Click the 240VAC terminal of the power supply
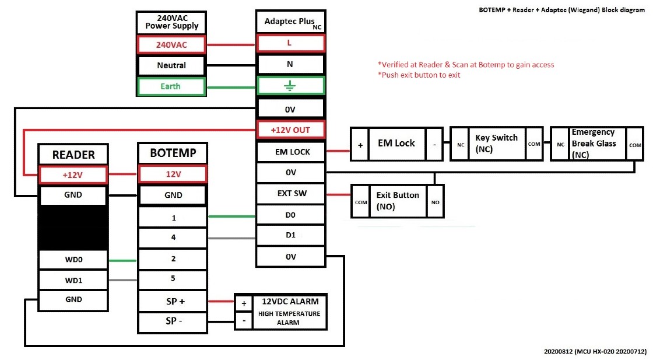click(x=171, y=44)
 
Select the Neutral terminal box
click(x=171, y=65)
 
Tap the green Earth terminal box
click(x=171, y=87)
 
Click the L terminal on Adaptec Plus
click(x=290, y=43)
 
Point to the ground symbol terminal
click(x=290, y=86)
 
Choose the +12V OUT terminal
click(x=290, y=130)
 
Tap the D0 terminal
click(x=290, y=215)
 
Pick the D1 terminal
click(x=290, y=235)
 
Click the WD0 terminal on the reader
click(x=73, y=260)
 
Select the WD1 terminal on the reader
click(x=73, y=280)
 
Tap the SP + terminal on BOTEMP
click(x=173, y=301)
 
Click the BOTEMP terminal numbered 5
click(x=173, y=279)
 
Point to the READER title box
click(x=73, y=155)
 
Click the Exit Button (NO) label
click(x=398, y=201)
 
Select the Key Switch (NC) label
click(x=496, y=144)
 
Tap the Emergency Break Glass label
click(x=594, y=144)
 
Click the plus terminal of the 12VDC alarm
click(x=244, y=303)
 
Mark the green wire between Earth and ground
click(x=231, y=87)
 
